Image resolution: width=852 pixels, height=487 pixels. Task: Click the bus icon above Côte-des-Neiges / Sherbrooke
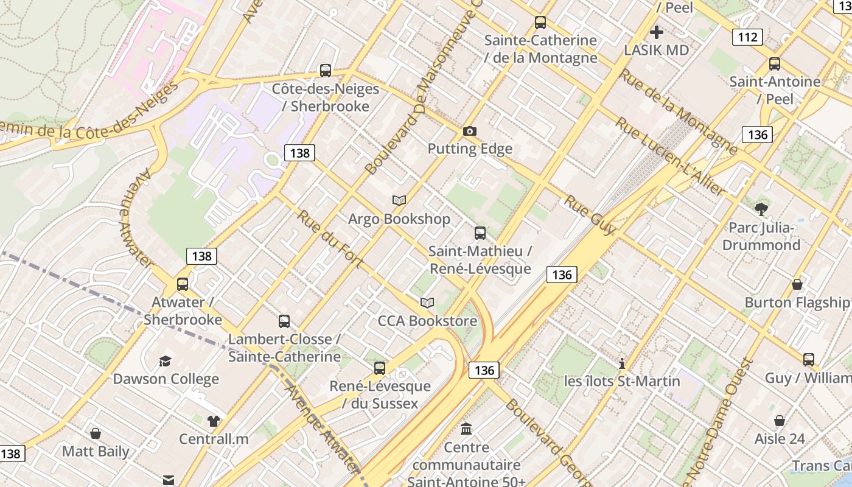[326, 71]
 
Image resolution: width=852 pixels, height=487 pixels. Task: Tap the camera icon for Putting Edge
[469, 131]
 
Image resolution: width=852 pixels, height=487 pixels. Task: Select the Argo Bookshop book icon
[399, 200]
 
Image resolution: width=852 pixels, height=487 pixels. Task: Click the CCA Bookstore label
[427, 320]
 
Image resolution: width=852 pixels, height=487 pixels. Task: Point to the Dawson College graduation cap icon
[165, 361]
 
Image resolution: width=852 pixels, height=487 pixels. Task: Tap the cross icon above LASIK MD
[656, 32]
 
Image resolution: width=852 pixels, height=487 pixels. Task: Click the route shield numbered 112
[747, 37]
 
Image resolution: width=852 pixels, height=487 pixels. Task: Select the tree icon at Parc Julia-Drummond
[761, 210]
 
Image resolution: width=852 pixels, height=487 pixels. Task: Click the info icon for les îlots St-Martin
[621, 363]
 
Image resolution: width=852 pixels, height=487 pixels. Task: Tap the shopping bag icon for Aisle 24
[779, 421]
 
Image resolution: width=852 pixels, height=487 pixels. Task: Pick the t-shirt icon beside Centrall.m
[213, 421]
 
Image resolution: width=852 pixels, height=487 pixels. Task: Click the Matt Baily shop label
[96, 452]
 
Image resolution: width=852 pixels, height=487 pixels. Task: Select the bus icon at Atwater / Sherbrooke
[182, 284]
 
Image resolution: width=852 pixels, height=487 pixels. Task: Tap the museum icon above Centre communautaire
[466, 429]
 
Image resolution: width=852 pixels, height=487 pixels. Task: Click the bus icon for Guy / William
[808, 360]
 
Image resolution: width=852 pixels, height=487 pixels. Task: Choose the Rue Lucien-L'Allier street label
[670, 156]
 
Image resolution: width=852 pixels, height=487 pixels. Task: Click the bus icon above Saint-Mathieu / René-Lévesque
[480, 233]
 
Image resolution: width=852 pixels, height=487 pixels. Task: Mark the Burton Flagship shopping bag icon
[797, 284]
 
